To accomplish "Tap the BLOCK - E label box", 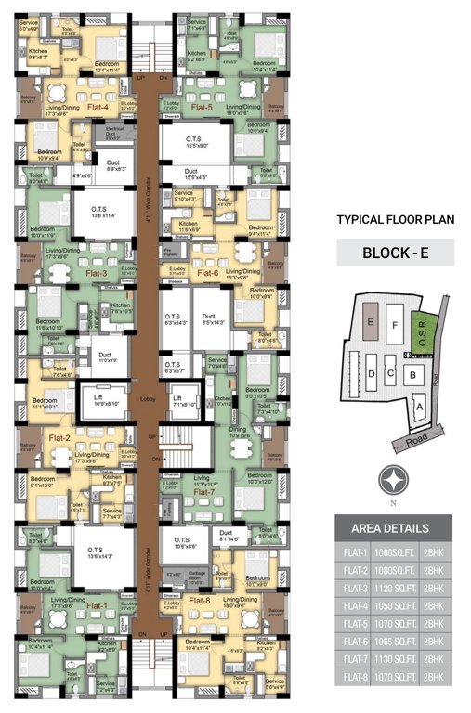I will click(395, 253).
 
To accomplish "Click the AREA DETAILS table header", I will click(394, 528).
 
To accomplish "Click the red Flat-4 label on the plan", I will click(98, 107).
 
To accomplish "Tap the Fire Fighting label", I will click(170, 252).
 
